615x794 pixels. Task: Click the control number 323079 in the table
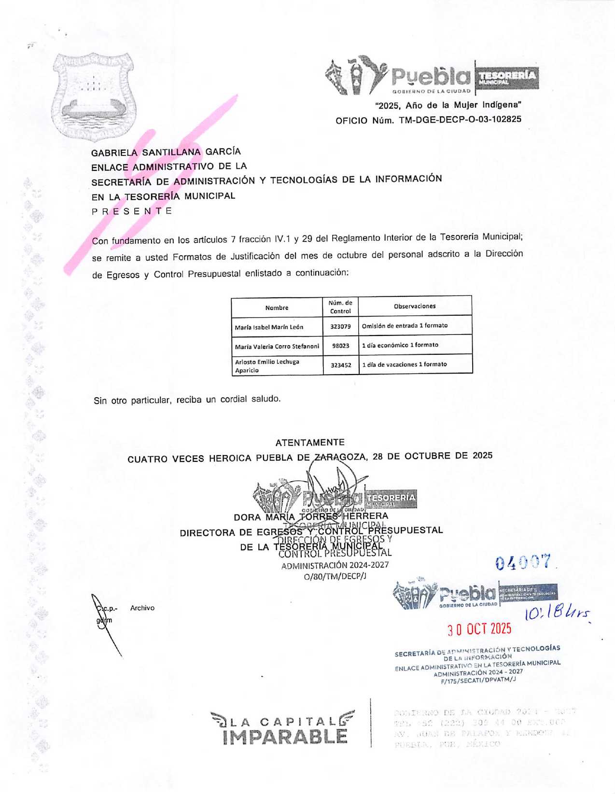pos(340,327)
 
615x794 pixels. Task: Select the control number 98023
pos(340,346)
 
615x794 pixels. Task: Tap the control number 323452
pos(341,365)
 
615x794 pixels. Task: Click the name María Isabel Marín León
pos(269,327)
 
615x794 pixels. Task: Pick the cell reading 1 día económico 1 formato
pos(400,345)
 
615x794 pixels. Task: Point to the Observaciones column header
pos(415,306)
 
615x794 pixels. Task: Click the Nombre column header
pos(277,308)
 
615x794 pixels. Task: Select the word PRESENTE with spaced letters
pos(132,211)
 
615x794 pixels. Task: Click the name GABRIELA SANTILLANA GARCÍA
pos(166,152)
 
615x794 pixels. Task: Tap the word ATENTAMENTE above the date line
pos(310,443)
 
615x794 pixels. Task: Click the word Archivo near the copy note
pos(142,608)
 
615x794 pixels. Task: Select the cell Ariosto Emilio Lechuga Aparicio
pos(267,366)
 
